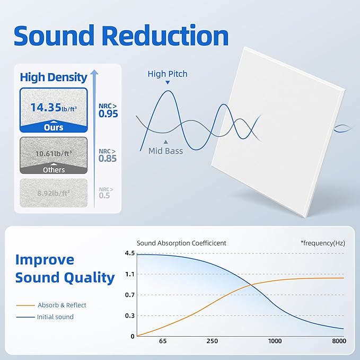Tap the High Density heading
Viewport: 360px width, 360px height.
click(54, 77)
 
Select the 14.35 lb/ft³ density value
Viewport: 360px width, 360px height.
click(54, 108)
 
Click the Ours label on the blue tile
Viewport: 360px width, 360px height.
click(54, 127)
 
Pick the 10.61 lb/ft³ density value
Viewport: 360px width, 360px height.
click(54, 154)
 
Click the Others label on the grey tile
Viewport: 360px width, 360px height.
click(54, 170)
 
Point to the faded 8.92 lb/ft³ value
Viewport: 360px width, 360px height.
click(54, 194)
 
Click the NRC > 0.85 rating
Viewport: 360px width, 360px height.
click(108, 154)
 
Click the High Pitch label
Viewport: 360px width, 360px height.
click(168, 74)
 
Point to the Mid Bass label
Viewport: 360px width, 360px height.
click(165, 151)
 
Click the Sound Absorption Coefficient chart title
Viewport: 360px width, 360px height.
click(181, 243)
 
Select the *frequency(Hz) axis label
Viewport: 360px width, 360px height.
click(322, 243)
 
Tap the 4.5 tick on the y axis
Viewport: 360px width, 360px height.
click(129, 253)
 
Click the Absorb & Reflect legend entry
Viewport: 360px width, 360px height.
click(62, 305)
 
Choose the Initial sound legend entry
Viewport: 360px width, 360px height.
click(55, 317)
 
